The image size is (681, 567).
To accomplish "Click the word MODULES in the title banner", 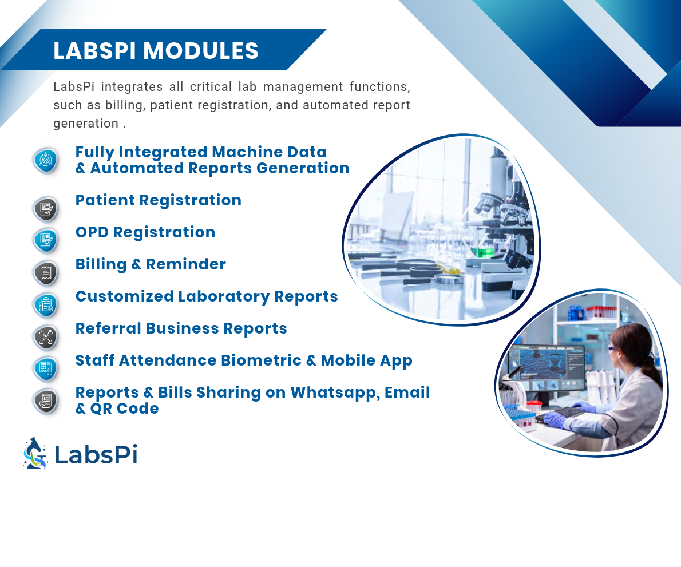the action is pos(201,51).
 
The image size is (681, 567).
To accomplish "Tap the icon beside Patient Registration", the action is pos(46,209).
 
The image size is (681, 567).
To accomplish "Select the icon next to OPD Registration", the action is pos(46,240).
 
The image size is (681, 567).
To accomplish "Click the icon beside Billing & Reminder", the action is pos(46,273).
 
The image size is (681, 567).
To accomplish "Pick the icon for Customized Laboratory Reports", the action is pos(46,304).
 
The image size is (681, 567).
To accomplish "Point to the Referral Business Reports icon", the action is pos(46,337).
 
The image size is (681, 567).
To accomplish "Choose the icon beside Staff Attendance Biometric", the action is pos(46,368).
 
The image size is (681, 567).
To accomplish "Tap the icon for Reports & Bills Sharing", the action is pos(46,401).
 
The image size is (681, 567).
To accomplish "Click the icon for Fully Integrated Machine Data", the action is pos(46,160).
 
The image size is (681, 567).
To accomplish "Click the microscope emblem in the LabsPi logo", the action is pos(35,453).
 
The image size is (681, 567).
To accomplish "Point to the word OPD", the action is pos(92,232).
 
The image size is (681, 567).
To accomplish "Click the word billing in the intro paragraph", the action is pos(125,105).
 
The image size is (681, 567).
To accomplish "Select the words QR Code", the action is pos(124,409).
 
